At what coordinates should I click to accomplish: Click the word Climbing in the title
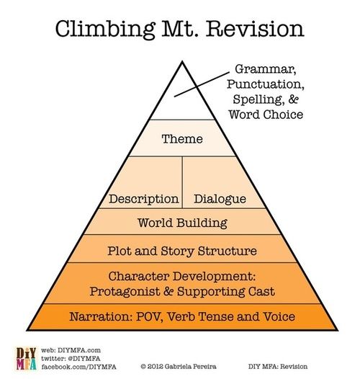pos(105,30)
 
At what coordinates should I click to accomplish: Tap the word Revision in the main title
pos(255,29)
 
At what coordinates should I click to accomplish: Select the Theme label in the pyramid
pos(182,139)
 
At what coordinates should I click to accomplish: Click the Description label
pos(144,199)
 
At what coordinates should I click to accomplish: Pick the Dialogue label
pos(220,199)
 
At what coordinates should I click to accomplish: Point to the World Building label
pos(182,223)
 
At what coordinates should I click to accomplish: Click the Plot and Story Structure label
pos(182,251)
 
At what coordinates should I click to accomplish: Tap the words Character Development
pos(181,276)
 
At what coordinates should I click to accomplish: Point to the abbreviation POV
pos(149,316)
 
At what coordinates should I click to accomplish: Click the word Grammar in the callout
pos(266,69)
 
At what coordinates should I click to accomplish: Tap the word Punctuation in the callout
pos(266,84)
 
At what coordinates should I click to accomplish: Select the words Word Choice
pos(266,115)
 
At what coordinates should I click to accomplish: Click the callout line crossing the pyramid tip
pos(202,84)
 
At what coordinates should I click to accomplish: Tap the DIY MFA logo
pos(27,359)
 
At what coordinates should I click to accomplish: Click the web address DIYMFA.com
pos(79,350)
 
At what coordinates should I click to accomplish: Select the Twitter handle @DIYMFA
pos(83,358)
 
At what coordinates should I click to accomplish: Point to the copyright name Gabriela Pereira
pos(190,367)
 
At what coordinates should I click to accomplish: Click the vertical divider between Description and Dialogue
pos(182,182)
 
